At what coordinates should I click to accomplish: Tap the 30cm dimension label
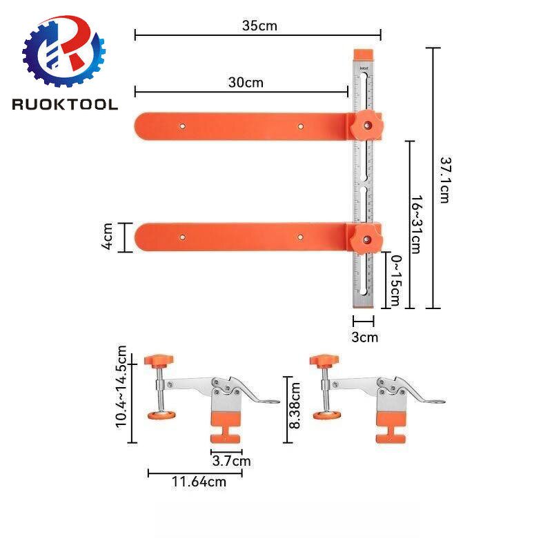coord(246,83)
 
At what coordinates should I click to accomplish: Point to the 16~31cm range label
coord(415,224)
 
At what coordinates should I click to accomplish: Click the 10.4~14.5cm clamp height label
coord(121,386)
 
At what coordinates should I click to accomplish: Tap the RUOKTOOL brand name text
coord(65,104)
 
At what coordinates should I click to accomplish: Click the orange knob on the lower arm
coord(365,238)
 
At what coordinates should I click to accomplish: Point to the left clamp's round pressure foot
coord(161,415)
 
